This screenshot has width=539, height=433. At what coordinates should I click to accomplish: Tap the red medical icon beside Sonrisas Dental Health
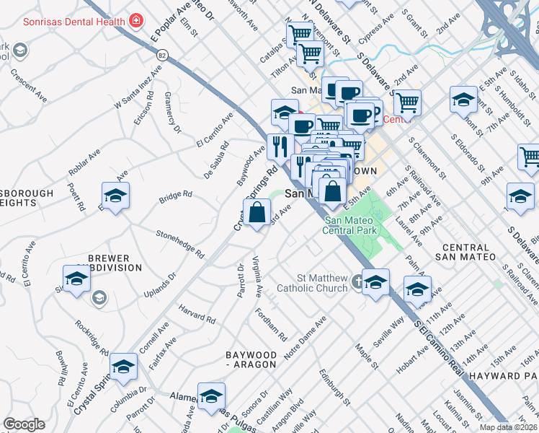135,21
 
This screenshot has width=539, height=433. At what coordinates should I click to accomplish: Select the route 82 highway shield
163,55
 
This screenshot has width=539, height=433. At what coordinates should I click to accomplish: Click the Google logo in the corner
23,424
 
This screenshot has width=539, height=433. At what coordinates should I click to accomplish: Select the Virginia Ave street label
257,276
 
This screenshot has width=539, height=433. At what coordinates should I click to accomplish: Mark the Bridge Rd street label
176,196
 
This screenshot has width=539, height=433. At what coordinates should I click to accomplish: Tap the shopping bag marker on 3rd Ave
257,214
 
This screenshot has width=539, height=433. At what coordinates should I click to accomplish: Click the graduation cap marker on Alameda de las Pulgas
211,397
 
